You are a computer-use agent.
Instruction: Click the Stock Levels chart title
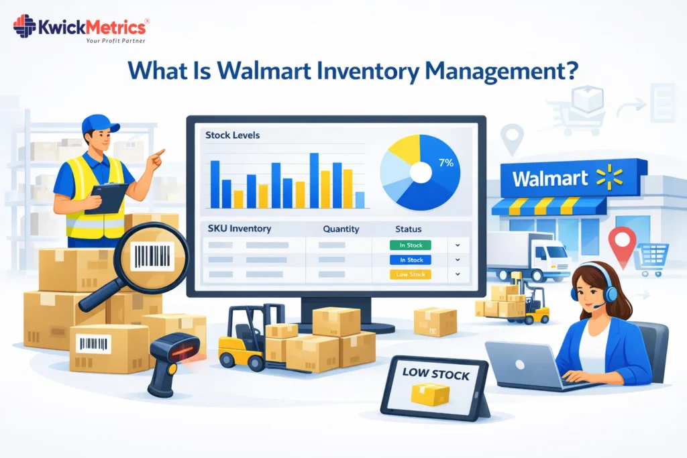click(233, 135)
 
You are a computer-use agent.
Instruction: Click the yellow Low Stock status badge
click(411, 274)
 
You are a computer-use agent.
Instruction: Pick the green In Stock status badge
click(411, 245)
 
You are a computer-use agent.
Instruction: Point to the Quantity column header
click(341, 229)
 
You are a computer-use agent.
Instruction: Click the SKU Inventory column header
click(240, 229)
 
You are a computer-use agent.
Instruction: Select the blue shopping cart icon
click(652, 257)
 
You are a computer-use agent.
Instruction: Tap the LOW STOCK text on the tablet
click(435, 374)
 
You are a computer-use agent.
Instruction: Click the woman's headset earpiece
click(575, 293)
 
